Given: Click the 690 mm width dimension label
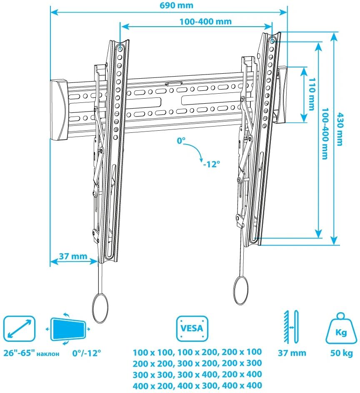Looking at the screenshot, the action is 176,5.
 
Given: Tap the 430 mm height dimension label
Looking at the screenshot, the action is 340,129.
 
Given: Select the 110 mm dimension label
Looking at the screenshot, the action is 312,94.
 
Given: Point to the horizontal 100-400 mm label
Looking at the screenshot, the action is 205,22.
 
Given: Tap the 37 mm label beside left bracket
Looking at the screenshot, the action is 73,256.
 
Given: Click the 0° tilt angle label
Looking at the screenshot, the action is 181,141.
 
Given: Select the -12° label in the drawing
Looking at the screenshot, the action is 212,164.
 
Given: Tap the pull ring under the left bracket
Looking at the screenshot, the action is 100,308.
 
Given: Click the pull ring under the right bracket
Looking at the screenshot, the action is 241,290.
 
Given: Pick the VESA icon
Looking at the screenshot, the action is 192,328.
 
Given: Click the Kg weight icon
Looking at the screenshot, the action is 341,328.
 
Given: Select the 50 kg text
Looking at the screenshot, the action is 341,353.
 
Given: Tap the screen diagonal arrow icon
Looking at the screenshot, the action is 19,328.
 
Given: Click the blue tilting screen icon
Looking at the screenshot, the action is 68,329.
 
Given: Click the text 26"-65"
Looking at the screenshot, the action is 19,353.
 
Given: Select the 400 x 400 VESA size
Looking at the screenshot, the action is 242,385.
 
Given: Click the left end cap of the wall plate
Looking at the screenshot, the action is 59,110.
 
